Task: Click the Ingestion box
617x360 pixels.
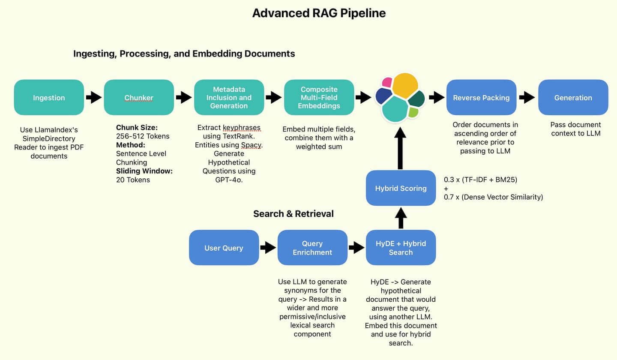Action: [49, 97]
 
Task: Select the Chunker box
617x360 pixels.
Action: [139, 97]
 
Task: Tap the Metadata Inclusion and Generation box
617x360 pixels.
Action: [229, 97]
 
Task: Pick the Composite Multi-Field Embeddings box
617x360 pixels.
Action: [319, 97]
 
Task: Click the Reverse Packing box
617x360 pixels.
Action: [481, 97]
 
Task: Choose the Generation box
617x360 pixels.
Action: [573, 97]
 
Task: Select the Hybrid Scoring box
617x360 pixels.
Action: [401, 188]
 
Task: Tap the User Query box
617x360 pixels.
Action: [224, 248]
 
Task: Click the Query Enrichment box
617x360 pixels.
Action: [312, 248]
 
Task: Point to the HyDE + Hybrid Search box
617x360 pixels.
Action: [401, 248]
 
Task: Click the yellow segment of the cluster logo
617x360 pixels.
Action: [404, 86]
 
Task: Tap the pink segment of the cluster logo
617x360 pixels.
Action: [387, 82]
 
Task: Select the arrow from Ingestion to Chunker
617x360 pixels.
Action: [94, 97]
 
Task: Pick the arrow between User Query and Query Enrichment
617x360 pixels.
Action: [268, 248]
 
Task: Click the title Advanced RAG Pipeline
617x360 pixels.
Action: [319, 13]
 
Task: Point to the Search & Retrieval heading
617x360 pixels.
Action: [293, 213]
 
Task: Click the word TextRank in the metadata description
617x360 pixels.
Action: [237, 136]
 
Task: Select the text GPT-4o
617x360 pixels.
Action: [229, 180]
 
